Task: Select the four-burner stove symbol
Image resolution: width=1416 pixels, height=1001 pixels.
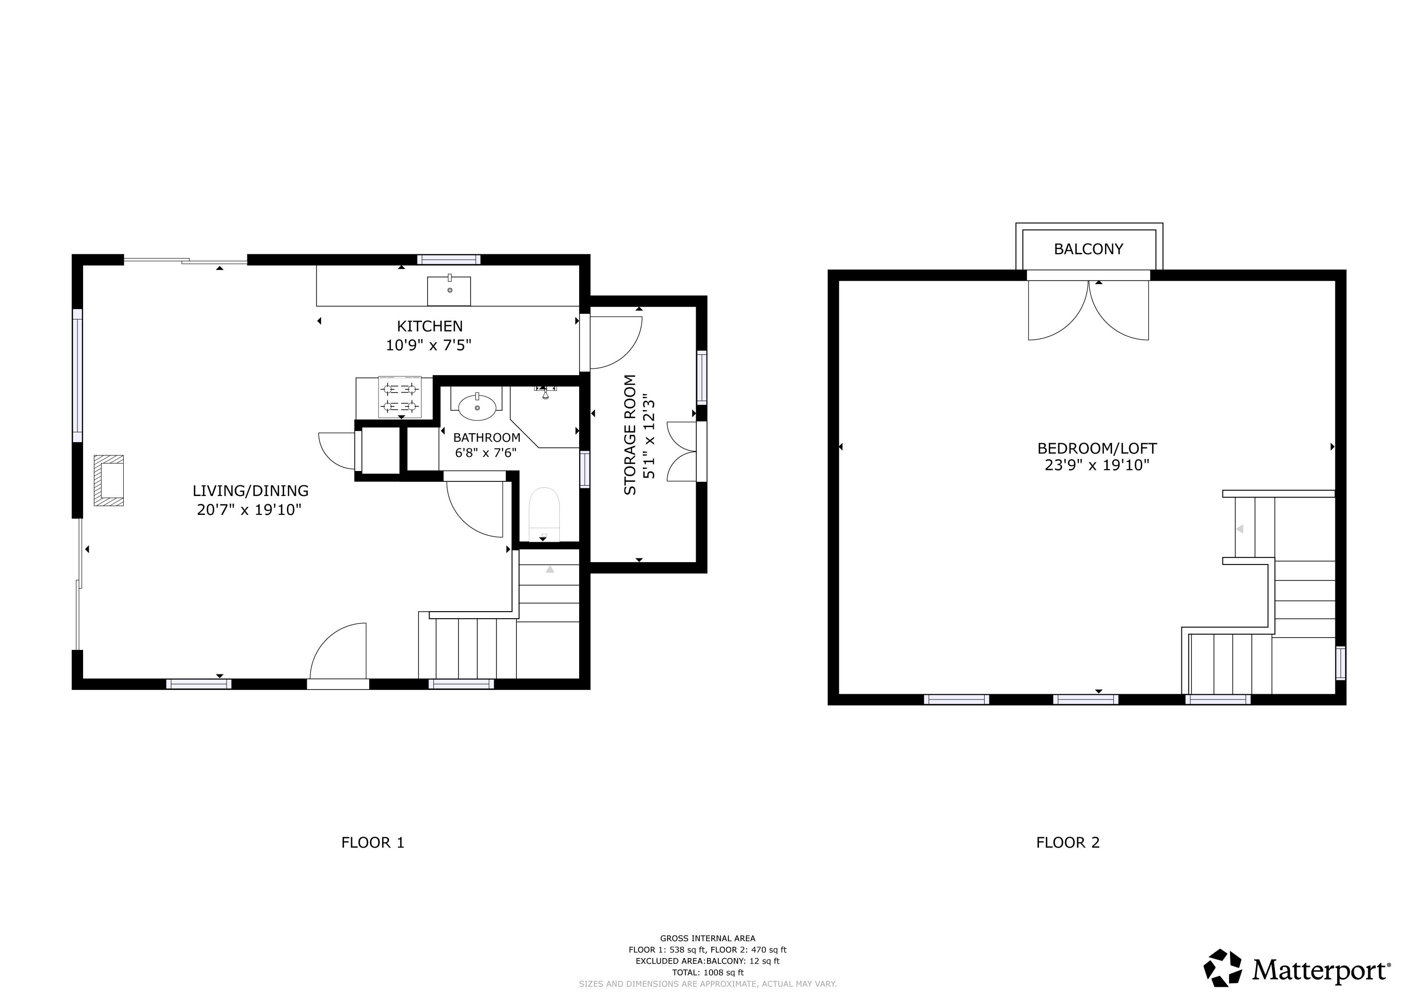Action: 400,397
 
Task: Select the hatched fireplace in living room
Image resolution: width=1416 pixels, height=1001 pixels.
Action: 109,480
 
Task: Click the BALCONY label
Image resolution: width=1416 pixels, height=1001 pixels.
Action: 1088,249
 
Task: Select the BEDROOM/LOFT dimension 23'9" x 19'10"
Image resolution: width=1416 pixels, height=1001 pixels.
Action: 1096,465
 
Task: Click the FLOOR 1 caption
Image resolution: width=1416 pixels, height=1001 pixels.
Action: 372,842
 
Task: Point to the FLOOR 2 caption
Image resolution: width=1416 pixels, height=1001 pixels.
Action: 1068,842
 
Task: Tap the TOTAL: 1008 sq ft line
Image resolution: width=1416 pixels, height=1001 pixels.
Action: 708,973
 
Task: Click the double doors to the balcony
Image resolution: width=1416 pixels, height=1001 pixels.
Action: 1088,310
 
